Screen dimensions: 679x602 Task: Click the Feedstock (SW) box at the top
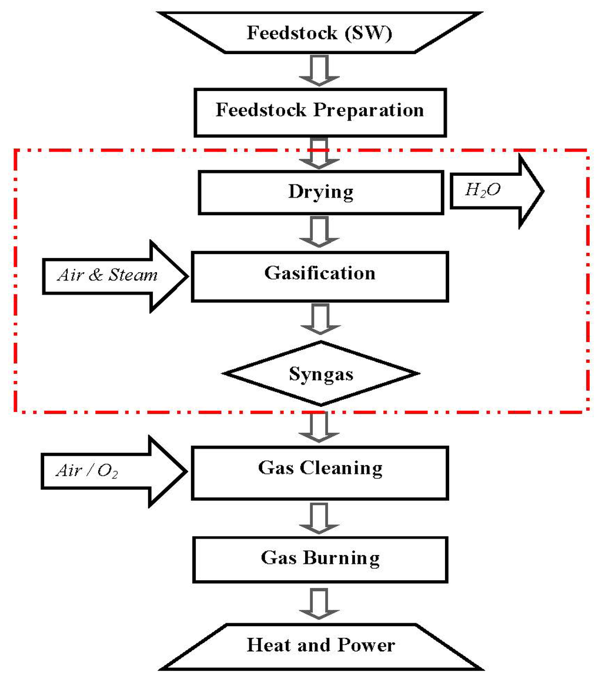click(319, 32)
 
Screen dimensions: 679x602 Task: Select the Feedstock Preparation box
click(319, 111)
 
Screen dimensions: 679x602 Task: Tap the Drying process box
click(321, 192)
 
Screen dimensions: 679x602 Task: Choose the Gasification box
click(320, 273)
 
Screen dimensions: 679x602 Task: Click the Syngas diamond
click(321, 374)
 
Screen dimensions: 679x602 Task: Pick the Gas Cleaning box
click(320, 469)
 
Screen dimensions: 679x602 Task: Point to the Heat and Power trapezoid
click(321, 645)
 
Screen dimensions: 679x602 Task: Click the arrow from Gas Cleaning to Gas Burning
click(320, 515)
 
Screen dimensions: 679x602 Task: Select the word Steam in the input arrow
click(136, 275)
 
